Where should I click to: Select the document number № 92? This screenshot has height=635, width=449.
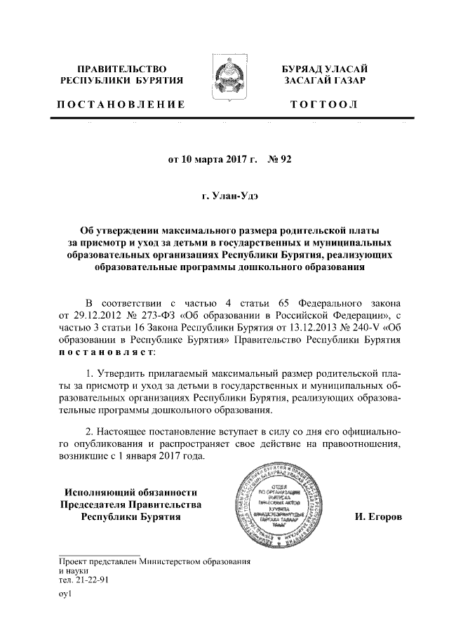point(279,159)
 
